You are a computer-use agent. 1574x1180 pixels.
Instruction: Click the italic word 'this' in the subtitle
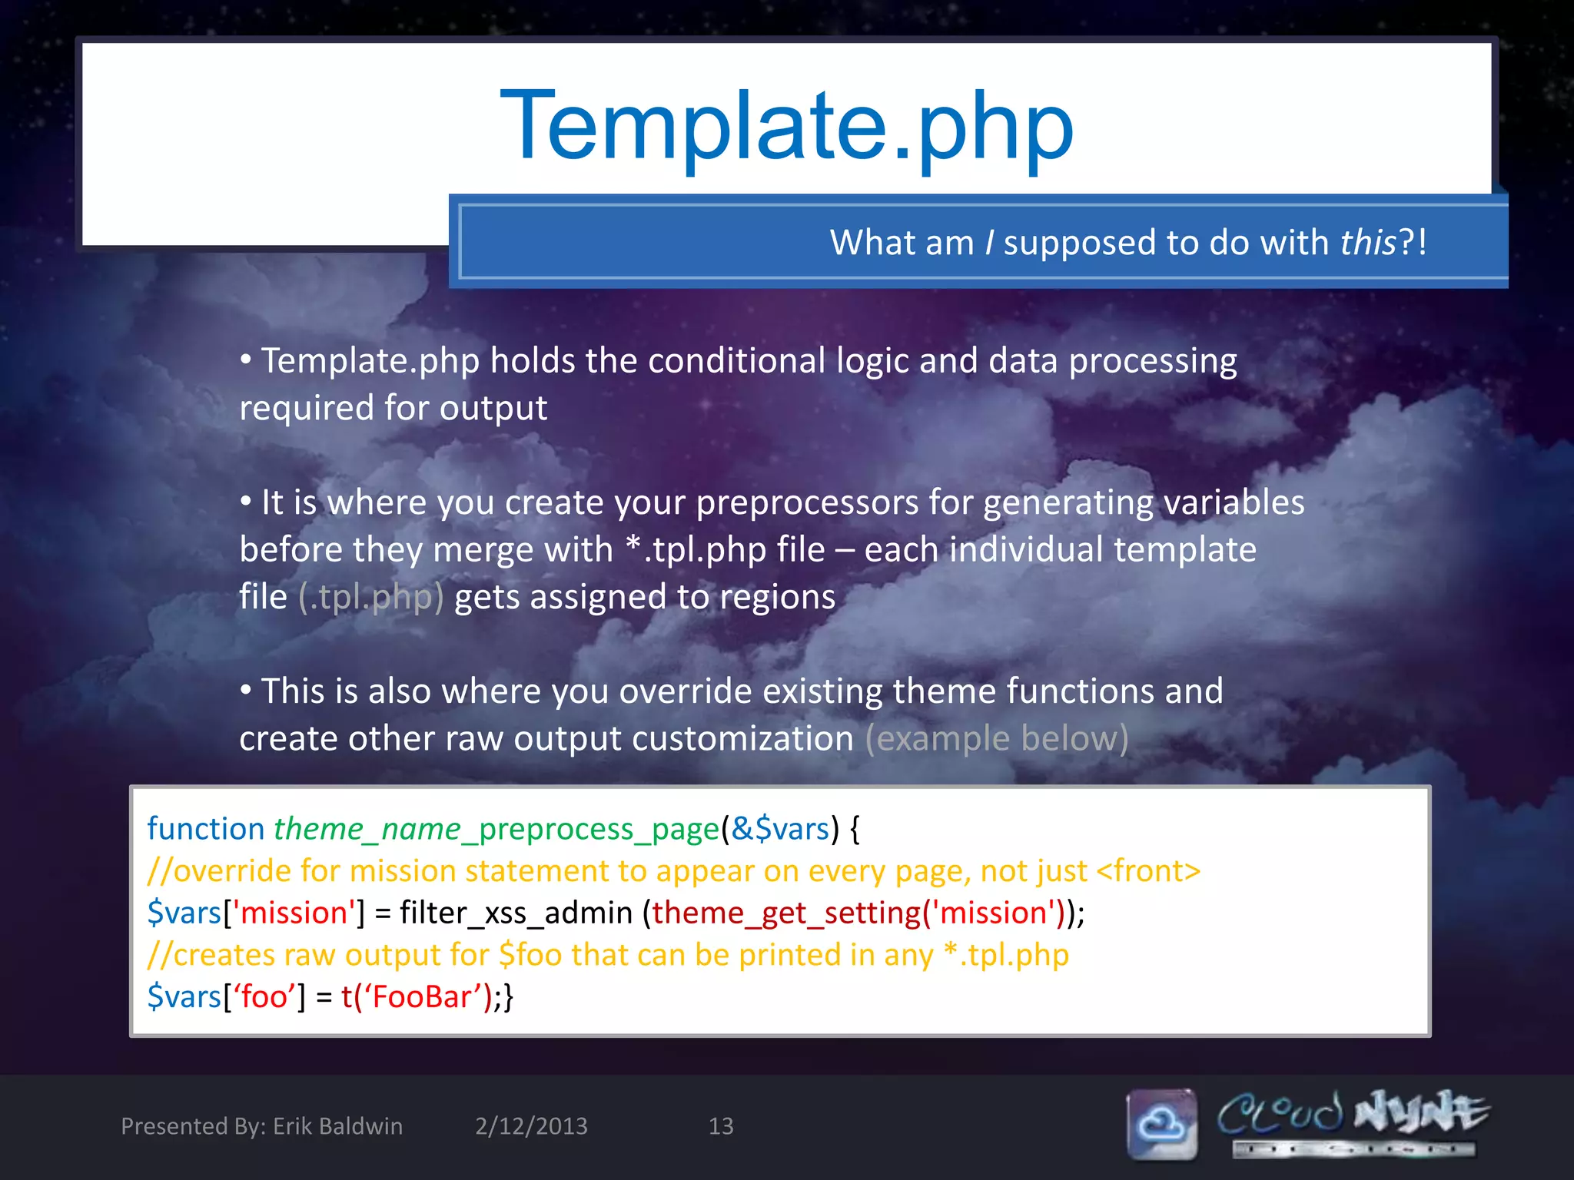1367,243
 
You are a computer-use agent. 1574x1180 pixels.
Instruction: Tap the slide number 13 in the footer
720,1126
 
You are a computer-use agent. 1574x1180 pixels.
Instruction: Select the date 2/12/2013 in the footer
531,1126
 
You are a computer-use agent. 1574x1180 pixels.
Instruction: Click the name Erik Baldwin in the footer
337,1126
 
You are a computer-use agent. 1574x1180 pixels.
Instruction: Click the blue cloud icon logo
1162,1124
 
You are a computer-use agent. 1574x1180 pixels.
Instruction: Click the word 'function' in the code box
205,829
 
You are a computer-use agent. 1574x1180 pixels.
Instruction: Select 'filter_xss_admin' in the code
516,913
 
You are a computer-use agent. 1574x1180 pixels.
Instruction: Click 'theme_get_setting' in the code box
785,913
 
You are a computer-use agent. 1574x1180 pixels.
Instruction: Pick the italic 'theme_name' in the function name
367,829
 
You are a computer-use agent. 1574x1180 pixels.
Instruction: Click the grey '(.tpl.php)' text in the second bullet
370,597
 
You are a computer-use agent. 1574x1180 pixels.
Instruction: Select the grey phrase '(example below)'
996,738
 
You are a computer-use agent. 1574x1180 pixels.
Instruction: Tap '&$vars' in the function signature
779,829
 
